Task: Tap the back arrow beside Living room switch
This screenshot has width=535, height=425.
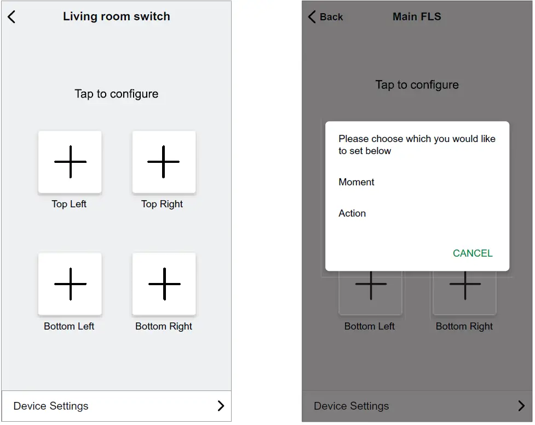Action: [x=11, y=16]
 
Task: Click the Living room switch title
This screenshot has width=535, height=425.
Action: [x=116, y=16]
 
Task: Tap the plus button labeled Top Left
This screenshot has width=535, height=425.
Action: [x=70, y=162]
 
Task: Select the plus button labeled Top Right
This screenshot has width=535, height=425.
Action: [x=164, y=162]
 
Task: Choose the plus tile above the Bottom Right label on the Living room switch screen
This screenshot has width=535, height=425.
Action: [x=164, y=284]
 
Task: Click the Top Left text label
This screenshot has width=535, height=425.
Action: [x=69, y=204]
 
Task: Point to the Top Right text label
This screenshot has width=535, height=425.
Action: [x=162, y=204]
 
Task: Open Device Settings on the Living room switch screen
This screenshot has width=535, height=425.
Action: [x=51, y=406]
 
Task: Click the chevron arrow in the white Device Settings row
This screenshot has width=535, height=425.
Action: [x=221, y=406]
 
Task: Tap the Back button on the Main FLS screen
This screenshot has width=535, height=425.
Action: [x=326, y=17]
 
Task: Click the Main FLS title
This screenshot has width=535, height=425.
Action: [x=417, y=17]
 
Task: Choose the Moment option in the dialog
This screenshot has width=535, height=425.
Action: [x=356, y=182]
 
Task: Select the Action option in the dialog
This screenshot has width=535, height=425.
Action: [x=352, y=213]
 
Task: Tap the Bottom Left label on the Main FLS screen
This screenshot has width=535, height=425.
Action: [x=369, y=326]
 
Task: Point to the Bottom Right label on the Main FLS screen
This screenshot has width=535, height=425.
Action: [x=464, y=326]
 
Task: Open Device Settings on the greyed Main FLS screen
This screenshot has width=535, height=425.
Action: [x=352, y=406]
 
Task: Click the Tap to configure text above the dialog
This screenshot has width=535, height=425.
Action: [x=417, y=85]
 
